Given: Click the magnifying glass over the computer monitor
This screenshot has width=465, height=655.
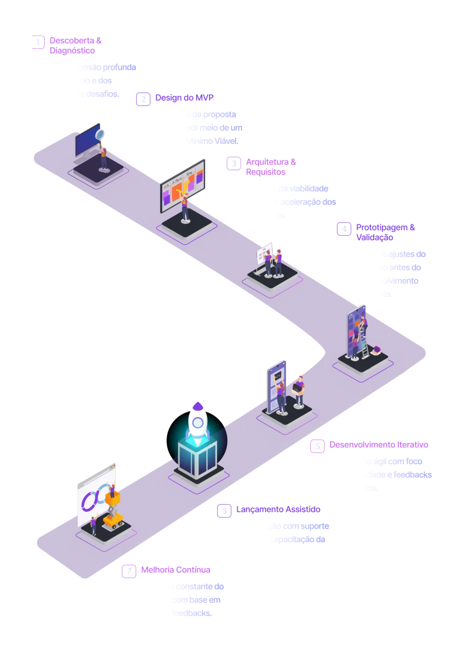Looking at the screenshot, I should point(99,134).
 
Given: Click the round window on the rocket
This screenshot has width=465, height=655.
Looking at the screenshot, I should point(198,423).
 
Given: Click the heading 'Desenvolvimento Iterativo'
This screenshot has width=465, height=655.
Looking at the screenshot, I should point(378,445).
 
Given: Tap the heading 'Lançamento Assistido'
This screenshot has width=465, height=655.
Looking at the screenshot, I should point(278,509).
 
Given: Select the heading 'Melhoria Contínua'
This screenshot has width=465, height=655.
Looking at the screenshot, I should point(176,570).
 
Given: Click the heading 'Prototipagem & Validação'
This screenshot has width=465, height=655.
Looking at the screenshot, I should point(385,232).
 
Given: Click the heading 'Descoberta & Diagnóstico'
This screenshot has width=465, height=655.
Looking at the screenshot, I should point(75,45).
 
